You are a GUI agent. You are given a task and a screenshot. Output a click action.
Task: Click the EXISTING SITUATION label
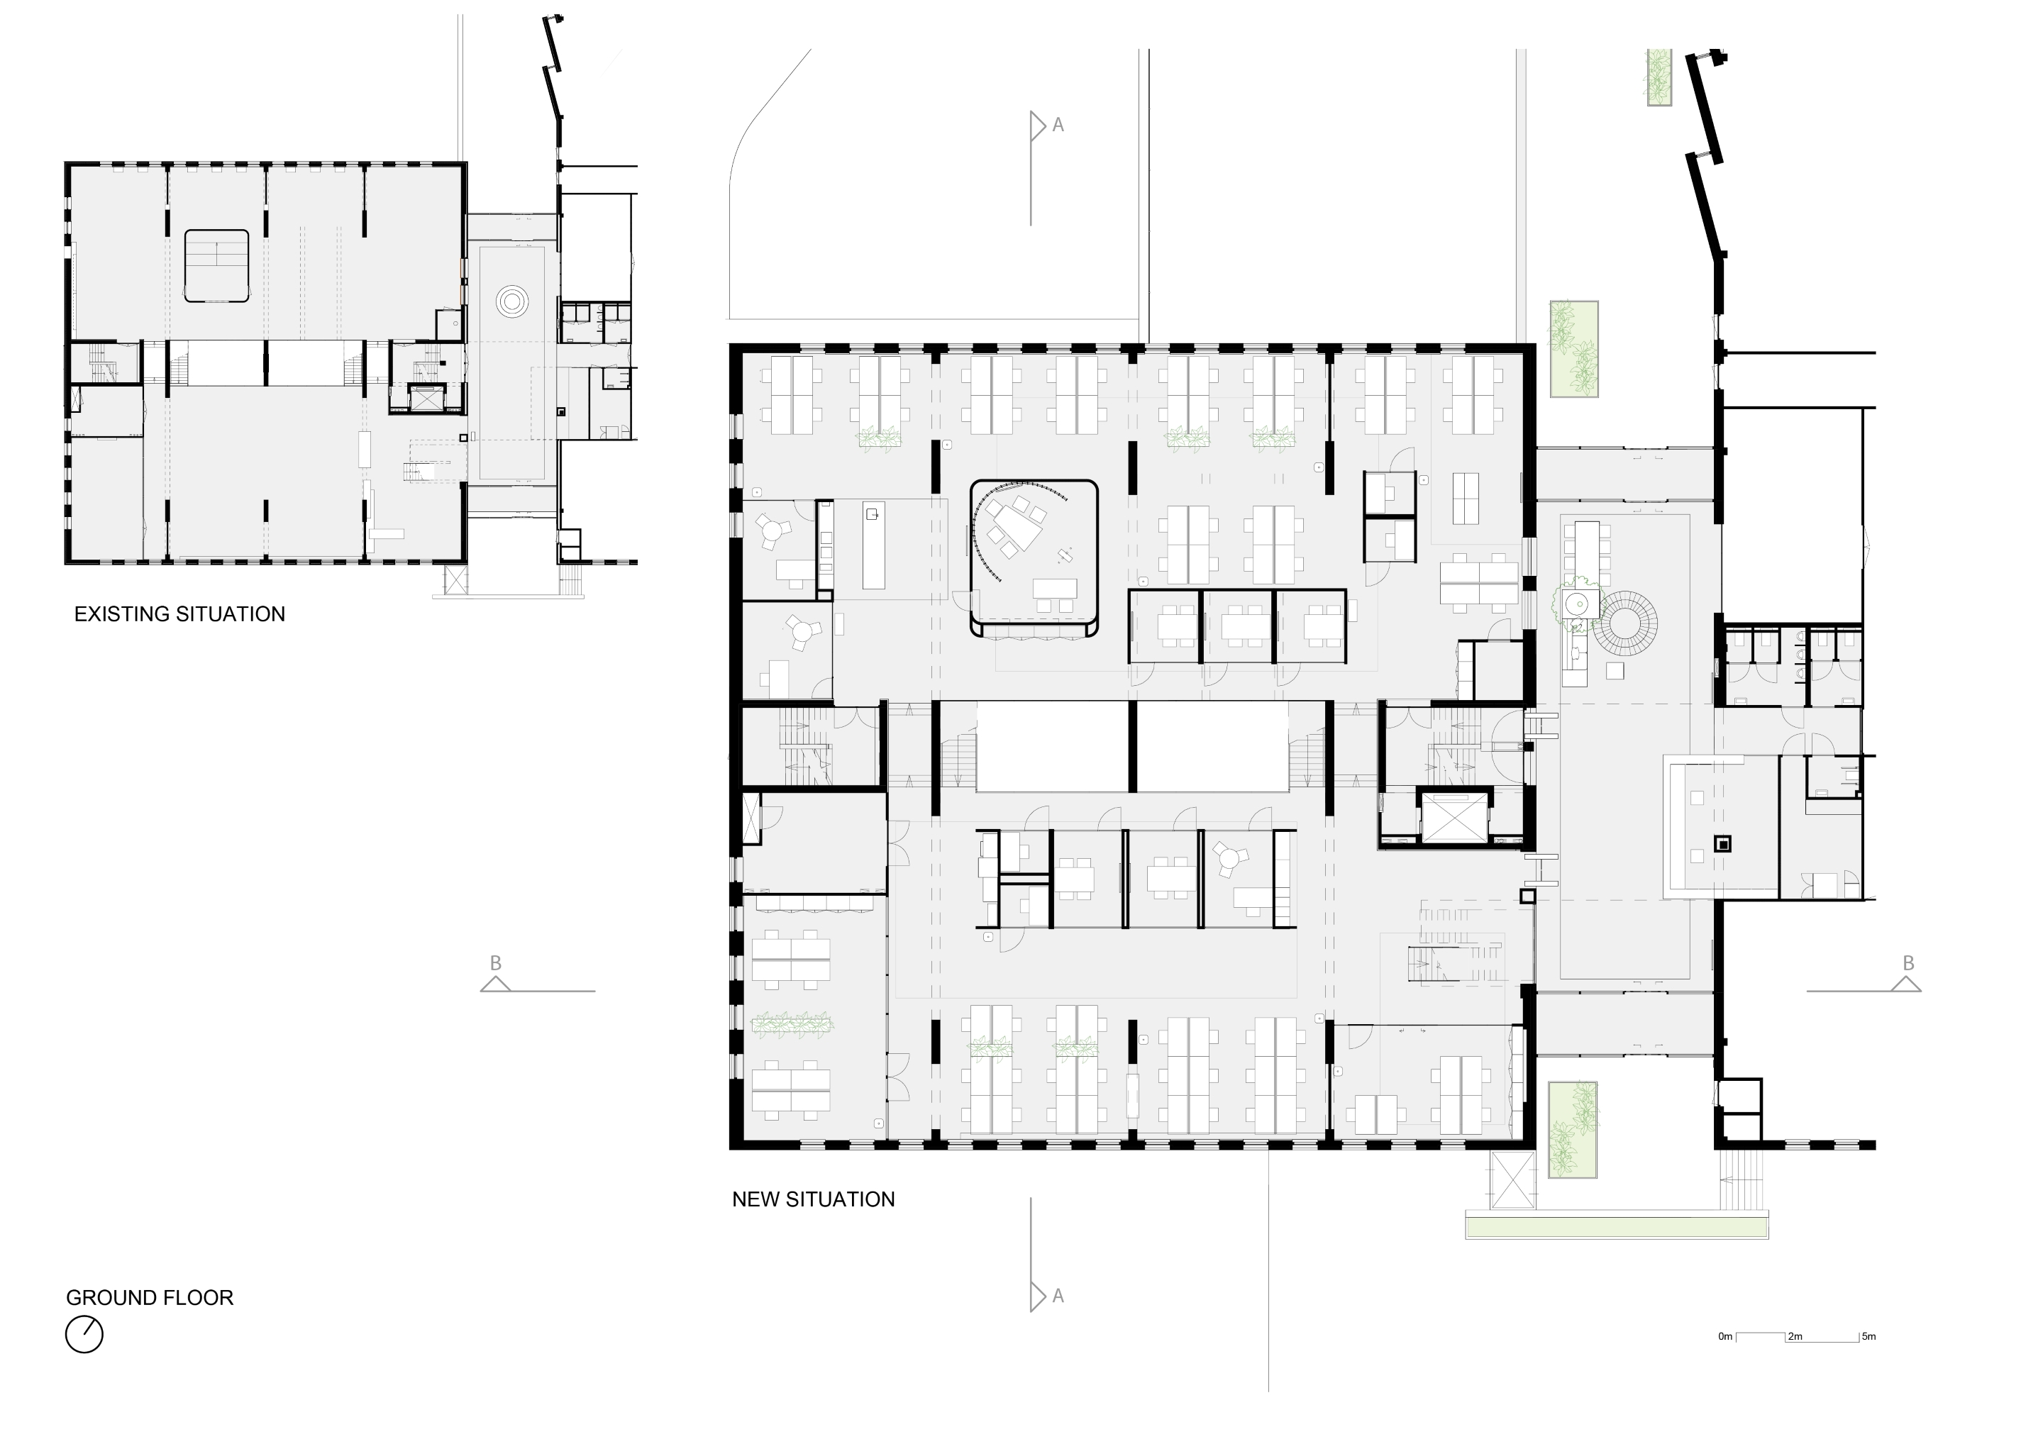click(x=179, y=615)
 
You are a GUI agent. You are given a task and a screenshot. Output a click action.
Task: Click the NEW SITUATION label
click(x=812, y=1199)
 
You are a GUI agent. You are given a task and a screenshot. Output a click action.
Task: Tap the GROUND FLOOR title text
click(x=150, y=1298)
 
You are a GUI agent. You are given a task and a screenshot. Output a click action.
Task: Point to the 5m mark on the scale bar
click(x=1868, y=1336)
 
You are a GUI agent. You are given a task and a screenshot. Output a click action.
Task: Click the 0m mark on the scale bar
click(x=1725, y=1336)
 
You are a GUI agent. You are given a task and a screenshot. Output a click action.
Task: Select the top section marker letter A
click(x=1058, y=126)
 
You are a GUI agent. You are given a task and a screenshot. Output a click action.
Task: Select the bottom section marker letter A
click(x=1058, y=1296)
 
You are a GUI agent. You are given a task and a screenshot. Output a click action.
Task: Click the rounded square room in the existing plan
click(x=216, y=266)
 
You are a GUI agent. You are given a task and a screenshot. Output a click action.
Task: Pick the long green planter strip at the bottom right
click(x=1616, y=1228)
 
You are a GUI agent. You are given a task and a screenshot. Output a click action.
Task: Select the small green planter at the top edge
click(x=1659, y=77)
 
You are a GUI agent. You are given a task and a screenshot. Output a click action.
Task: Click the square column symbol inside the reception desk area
click(x=1722, y=844)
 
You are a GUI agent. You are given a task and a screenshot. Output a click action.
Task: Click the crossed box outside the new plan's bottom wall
click(x=1512, y=1179)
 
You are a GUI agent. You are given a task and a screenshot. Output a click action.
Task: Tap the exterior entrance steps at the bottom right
click(x=1743, y=1179)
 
